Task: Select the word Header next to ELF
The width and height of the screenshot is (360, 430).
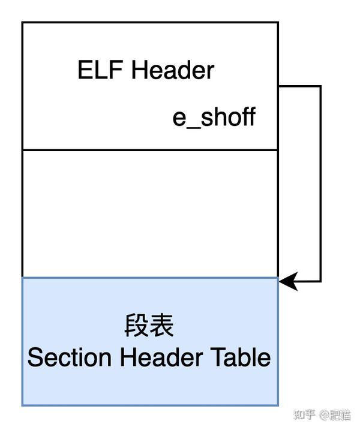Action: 172,70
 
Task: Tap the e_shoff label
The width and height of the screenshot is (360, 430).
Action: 214,118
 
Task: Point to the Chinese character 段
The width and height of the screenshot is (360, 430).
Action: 135,327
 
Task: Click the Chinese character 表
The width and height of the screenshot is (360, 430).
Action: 162,327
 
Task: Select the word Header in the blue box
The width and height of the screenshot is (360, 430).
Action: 160,358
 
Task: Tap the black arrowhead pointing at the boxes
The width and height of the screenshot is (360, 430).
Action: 288,281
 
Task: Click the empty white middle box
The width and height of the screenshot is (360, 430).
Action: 150,213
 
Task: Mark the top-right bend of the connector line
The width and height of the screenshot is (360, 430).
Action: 320,86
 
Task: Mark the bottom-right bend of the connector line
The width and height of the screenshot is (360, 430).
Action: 320,281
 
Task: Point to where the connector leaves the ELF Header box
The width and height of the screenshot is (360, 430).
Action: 279,86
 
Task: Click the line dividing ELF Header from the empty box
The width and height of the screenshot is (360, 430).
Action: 150,149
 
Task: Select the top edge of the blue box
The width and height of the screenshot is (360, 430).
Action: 150,278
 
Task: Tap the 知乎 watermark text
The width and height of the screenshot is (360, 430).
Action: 303,414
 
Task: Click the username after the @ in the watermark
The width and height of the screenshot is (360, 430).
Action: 340,414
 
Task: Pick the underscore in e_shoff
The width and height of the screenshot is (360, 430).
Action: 193,125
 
